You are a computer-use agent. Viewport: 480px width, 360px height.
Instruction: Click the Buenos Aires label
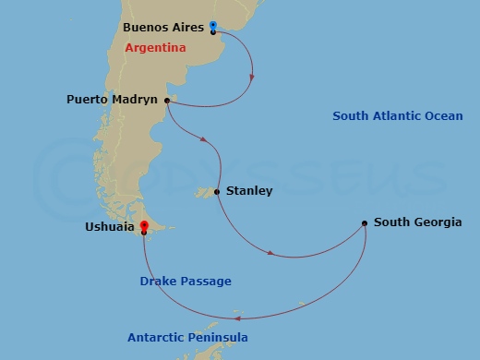click(162, 28)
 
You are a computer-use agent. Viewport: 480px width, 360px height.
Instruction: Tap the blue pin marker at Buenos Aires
click(213, 25)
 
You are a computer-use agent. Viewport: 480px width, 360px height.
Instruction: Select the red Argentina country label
click(154, 47)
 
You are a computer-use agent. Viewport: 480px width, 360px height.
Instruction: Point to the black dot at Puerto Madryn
click(167, 101)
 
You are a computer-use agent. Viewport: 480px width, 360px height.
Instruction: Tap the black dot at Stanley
click(216, 192)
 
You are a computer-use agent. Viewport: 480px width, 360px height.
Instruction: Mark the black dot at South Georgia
click(366, 222)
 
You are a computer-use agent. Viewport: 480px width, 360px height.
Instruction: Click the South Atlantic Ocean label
click(398, 115)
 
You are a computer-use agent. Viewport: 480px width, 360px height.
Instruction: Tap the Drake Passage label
click(186, 281)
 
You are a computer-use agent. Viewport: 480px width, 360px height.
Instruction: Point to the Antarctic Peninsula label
click(187, 338)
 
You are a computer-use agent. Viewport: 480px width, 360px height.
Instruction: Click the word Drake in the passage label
click(159, 281)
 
